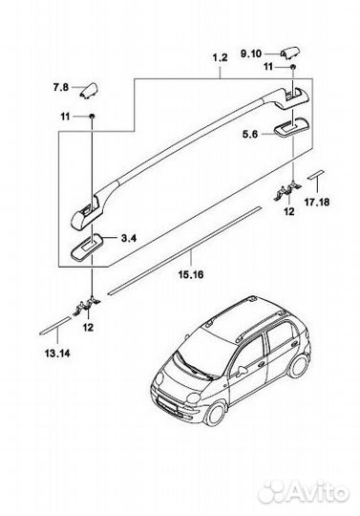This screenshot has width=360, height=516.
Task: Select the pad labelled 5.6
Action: (290, 125)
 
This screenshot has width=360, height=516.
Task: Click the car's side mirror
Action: (243, 365)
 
